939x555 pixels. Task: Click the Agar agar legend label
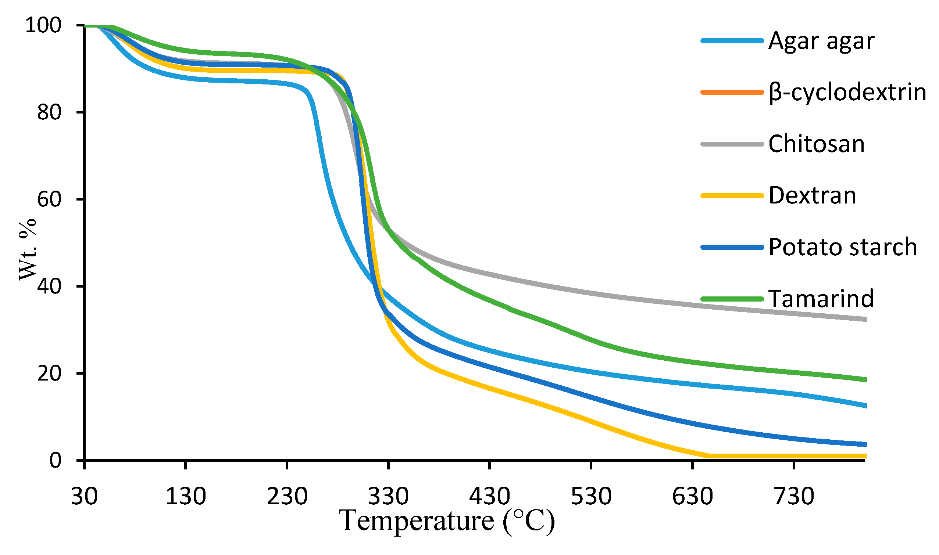click(x=821, y=41)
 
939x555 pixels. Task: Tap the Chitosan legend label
click(x=816, y=144)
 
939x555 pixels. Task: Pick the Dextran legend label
click(x=812, y=196)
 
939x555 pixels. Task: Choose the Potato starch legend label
click(x=843, y=247)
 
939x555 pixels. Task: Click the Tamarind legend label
click(x=821, y=299)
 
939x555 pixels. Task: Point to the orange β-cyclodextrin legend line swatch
click(x=732, y=92)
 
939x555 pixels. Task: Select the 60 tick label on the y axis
click(x=49, y=199)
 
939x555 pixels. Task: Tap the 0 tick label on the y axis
click(x=55, y=460)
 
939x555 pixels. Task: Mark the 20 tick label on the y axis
click(x=49, y=373)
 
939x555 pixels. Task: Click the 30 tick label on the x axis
click(x=84, y=496)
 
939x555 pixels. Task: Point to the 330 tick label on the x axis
click(x=388, y=496)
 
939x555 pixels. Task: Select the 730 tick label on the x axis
click(x=794, y=496)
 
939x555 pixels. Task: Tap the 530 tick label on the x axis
click(x=591, y=496)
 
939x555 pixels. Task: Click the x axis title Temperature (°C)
click(x=447, y=521)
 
